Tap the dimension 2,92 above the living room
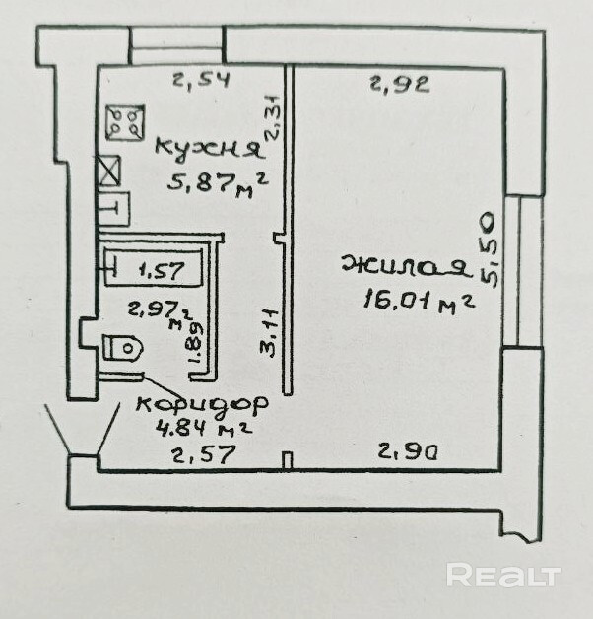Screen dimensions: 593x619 click(399, 84)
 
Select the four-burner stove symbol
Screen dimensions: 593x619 click(124, 122)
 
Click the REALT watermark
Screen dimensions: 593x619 click(503, 575)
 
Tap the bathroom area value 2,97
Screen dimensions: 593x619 click(151, 308)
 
